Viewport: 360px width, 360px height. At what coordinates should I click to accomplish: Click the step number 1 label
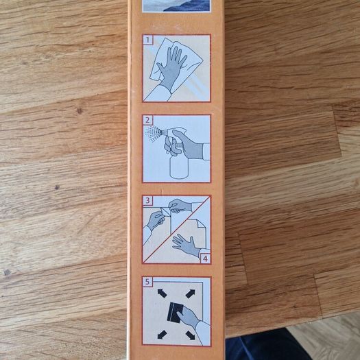pyautogui.click(x=147, y=40)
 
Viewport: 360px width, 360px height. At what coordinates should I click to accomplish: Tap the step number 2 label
pyautogui.click(x=147, y=120)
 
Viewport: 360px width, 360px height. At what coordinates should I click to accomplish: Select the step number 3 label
pyautogui.click(x=147, y=200)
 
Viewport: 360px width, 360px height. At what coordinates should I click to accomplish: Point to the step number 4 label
pyautogui.click(x=205, y=259)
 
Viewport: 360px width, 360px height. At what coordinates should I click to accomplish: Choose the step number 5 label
pyautogui.click(x=147, y=281)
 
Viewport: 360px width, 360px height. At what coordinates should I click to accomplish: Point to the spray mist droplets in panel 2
pyautogui.click(x=153, y=133)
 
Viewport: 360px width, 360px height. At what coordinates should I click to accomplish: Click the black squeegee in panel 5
pyautogui.click(x=174, y=313)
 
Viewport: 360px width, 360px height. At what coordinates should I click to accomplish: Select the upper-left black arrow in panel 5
pyautogui.click(x=162, y=293)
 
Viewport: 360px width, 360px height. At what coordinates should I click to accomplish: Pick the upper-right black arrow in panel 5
pyautogui.click(x=191, y=293)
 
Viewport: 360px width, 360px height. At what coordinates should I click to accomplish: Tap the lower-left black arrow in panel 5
pyautogui.click(x=162, y=335)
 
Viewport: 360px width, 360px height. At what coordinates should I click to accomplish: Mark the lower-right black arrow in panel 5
pyautogui.click(x=191, y=335)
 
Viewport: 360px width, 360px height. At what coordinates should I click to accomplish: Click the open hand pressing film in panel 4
pyautogui.click(x=186, y=245)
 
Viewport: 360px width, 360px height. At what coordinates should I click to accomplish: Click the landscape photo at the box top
pyautogui.click(x=176, y=5)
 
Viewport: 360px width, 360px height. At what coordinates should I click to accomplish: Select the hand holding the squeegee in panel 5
pyautogui.click(x=189, y=317)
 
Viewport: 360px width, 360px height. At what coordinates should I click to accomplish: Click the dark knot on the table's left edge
pyautogui.click(x=7, y=272)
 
